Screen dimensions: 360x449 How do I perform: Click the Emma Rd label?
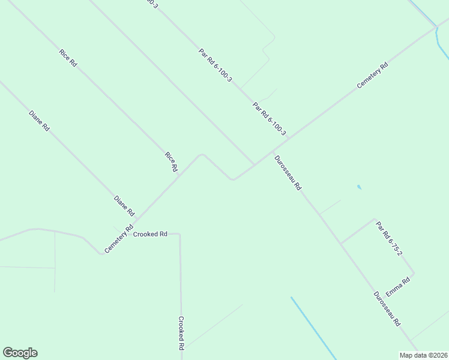(398, 286)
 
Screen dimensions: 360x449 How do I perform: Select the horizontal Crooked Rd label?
(150, 234)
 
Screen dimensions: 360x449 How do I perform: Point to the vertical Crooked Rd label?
(181, 334)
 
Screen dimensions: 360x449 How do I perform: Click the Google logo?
(20, 353)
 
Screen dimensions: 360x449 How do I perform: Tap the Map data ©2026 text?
(423, 355)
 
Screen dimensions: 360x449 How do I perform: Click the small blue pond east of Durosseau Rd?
(359, 187)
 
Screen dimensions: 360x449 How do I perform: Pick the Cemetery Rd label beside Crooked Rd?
(118, 239)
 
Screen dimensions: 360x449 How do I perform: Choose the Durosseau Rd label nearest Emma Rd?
(387, 309)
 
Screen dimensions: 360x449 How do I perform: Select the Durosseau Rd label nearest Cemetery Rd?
(288, 173)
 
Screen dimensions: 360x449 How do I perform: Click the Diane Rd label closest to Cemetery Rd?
(125, 206)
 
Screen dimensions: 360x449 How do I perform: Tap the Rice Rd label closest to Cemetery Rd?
(171, 162)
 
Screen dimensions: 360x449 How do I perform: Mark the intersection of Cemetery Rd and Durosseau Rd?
(271, 152)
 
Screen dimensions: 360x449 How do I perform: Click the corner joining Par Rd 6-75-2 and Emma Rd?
(414, 274)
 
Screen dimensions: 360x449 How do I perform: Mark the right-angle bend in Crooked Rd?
(179, 235)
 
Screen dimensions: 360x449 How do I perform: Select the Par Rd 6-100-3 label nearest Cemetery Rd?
(270, 119)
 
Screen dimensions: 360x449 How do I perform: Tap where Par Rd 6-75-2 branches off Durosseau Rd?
(340, 243)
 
